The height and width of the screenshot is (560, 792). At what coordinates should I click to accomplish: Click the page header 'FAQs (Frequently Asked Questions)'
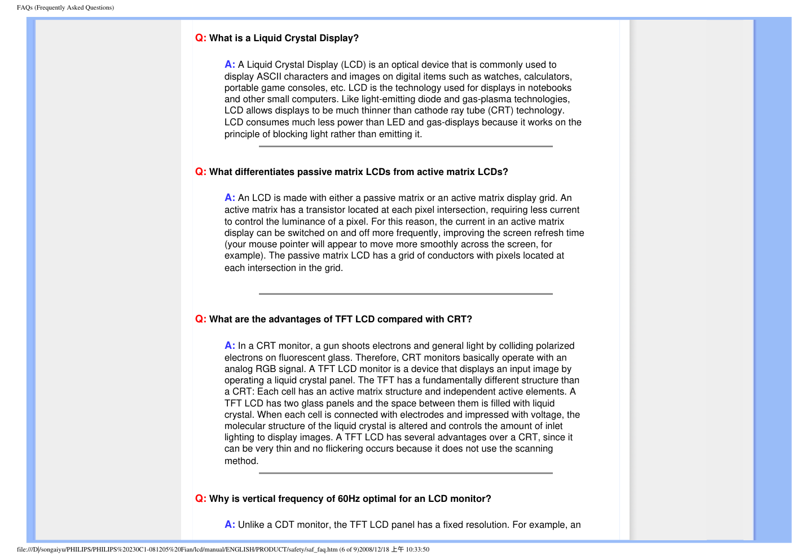(x=65, y=7)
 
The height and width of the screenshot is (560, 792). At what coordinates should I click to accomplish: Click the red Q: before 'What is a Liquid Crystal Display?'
(x=201, y=38)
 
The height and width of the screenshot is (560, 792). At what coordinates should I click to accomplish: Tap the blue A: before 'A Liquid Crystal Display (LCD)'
(x=230, y=64)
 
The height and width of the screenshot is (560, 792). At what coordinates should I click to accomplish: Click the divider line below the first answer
(x=406, y=146)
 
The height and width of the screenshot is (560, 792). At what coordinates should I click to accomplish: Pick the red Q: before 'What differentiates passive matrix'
(x=201, y=172)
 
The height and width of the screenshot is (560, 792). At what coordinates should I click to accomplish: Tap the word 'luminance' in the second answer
(x=303, y=221)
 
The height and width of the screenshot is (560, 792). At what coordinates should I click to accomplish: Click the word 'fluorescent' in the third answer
(x=299, y=357)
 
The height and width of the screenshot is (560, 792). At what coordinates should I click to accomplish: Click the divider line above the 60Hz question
(x=406, y=473)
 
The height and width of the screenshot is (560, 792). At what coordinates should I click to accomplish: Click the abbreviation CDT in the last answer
(x=284, y=524)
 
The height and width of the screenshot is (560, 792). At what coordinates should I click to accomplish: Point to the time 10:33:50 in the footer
(x=417, y=549)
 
